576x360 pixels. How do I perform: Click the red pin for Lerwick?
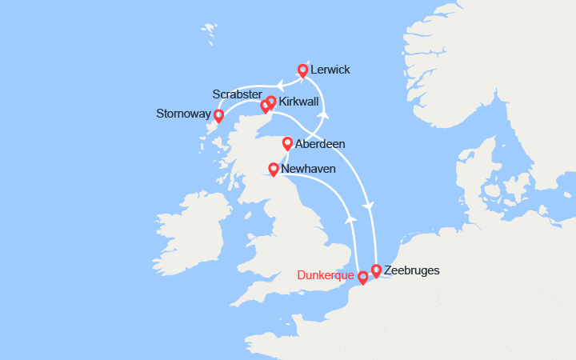coord(303,70)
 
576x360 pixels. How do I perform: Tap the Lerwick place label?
coord(330,70)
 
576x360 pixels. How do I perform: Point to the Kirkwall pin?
coord(271,102)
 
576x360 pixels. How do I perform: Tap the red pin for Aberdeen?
coord(287,144)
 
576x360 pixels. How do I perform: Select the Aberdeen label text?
coord(319,145)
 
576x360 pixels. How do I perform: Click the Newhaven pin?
coord(274,170)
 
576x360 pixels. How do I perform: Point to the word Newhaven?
coord(309,170)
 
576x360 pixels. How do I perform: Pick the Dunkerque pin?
coord(362,278)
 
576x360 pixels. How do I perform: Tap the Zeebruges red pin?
coord(376,271)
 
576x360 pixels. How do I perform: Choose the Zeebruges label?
coord(411,270)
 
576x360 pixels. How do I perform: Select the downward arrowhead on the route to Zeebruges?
coord(368,207)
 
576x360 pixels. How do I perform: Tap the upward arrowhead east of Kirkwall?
coord(325,114)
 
